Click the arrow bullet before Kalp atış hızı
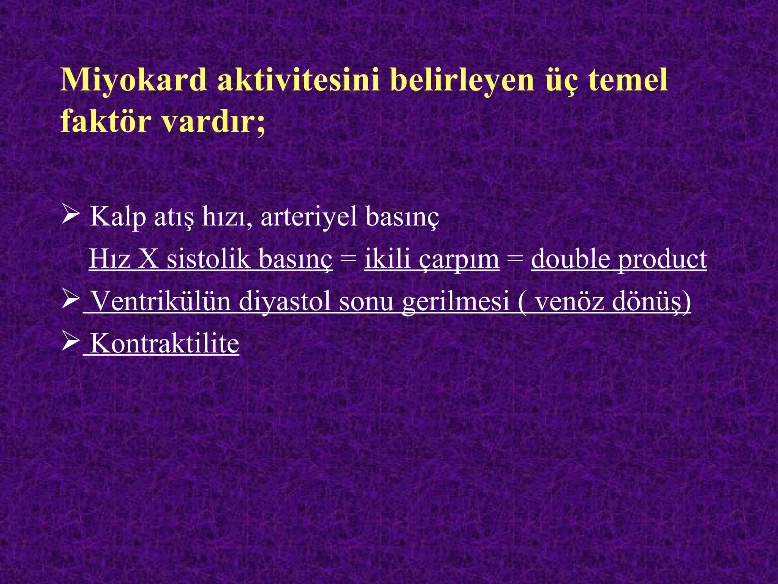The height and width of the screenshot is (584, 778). (x=70, y=216)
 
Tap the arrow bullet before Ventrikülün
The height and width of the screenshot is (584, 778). (x=70, y=300)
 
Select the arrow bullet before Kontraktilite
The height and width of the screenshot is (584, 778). (x=70, y=342)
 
